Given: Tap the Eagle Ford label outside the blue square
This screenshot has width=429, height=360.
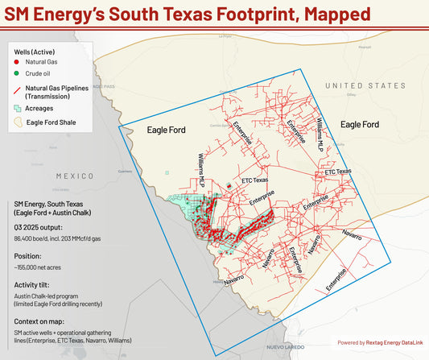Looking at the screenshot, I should click(x=359, y=125).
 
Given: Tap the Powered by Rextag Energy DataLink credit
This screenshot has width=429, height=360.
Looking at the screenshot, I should click(x=373, y=341).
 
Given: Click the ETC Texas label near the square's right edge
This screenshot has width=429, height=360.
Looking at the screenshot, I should click(x=338, y=172).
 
